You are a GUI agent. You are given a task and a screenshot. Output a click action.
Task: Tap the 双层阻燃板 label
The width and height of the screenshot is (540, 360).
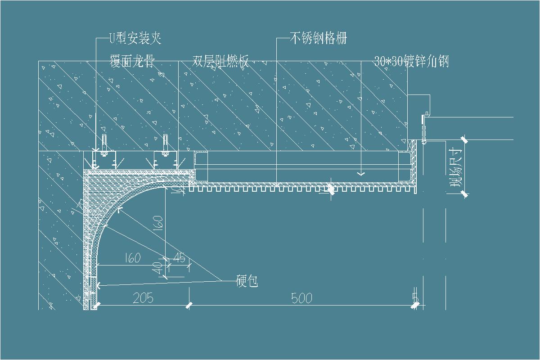[220, 61]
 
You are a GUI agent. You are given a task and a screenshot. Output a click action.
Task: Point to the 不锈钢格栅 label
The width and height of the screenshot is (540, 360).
[318, 39]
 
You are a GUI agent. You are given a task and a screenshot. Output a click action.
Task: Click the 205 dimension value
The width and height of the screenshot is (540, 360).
[143, 298]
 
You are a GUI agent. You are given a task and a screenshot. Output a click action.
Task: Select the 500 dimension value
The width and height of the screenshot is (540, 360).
[301, 298]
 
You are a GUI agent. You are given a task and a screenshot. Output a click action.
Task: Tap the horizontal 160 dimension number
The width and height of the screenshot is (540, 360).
[131, 258]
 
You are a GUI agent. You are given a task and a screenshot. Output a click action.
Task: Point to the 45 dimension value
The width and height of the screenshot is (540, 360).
[179, 258]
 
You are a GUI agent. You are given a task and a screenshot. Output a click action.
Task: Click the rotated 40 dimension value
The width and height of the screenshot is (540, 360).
[157, 269]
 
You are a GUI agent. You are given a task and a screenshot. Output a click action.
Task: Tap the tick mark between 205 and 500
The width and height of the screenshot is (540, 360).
[189, 305]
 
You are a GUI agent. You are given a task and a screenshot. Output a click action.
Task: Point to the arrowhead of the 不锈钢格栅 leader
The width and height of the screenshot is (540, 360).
[277, 184]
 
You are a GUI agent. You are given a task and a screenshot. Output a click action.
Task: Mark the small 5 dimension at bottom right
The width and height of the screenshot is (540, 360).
[415, 298]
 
